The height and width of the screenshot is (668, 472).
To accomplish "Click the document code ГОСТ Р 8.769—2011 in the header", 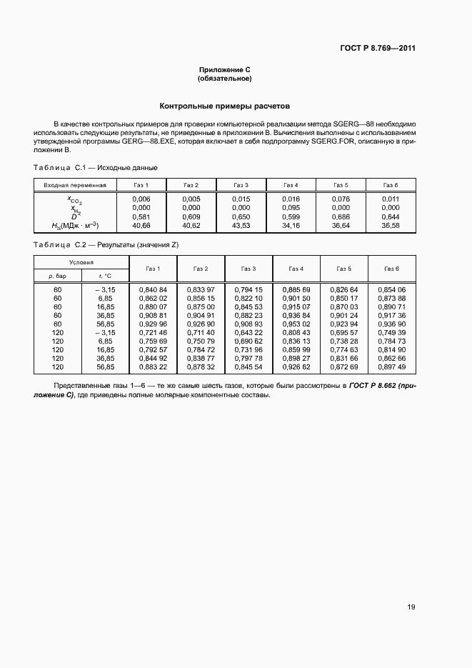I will pyautogui.click(x=378, y=49).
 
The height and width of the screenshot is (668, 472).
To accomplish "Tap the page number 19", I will pyautogui.click(x=411, y=607).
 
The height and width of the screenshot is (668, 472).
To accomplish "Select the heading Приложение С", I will pyautogui.click(x=225, y=69).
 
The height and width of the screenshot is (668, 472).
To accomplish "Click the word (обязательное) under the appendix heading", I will pyautogui.click(x=225, y=78).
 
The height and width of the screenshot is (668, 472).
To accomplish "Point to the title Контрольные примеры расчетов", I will pyautogui.click(x=225, y=105).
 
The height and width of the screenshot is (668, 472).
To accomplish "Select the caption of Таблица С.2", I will pyautogui.click(x=106, y=245).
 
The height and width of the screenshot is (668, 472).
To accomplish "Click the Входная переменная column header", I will pyautogui.click(x=75, y=185).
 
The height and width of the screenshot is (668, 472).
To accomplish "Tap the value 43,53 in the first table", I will pyautogui.click(x=241, y=225).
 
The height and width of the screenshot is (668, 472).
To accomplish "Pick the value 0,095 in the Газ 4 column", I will pyautogui.click(x=291, y=207).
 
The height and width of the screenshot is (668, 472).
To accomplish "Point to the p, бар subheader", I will pyautogui.click(x=57, y=274).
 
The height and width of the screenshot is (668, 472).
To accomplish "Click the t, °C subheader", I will pyautogui.click(x=106, y=274).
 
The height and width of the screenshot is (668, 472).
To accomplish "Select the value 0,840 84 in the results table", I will pyautogui.click(x=152, y=289).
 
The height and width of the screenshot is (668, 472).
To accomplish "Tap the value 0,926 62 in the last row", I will pyautogui.click(x=296, y=367).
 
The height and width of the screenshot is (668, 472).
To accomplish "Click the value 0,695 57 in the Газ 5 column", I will pyautogui.click(x=344, y=332).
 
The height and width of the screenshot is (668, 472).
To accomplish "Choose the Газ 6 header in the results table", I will pyautogui.click(x=391, y=269).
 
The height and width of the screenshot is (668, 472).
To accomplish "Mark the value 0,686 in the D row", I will pyautogui.click(x=341, y=216).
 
